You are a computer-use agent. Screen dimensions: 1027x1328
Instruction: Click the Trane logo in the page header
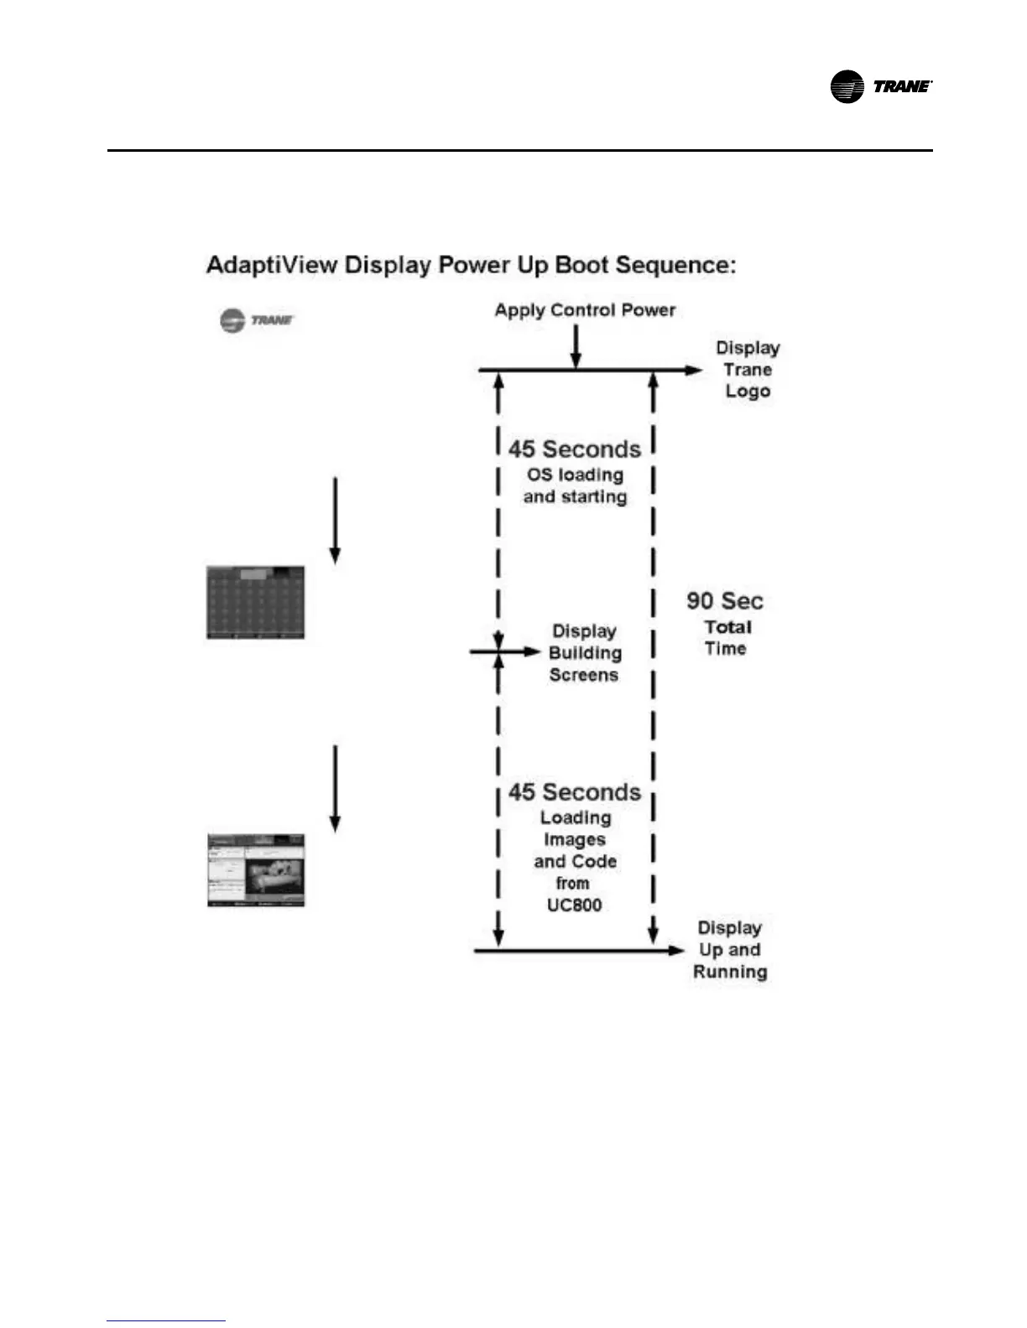880,86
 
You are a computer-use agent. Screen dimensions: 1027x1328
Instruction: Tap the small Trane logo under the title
257,320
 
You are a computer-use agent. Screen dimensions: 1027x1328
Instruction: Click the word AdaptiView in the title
272,265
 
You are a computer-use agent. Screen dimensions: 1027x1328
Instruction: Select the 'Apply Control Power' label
585,310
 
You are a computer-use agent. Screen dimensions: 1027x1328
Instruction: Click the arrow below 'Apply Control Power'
576,346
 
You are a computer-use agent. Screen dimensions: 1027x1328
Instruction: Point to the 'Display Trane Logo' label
748,370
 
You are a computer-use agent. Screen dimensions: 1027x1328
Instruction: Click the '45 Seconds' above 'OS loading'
575,449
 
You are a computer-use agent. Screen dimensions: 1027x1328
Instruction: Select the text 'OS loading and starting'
576,486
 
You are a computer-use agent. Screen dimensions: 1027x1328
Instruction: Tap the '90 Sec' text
725,601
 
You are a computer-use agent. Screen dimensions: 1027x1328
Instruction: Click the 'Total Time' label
727,638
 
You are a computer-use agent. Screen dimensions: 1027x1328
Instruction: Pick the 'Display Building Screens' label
585,653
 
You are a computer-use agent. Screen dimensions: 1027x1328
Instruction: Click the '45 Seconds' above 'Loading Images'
575,792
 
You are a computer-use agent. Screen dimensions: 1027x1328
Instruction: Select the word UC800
575,905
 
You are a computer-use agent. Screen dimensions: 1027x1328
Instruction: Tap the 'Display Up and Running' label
730,950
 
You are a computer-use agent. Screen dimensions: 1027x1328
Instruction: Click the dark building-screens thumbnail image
256,603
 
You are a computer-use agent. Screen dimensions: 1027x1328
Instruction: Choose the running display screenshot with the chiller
256,870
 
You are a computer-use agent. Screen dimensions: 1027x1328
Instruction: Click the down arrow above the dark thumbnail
336,520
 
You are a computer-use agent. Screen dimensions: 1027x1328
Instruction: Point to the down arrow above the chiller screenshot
336,787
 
